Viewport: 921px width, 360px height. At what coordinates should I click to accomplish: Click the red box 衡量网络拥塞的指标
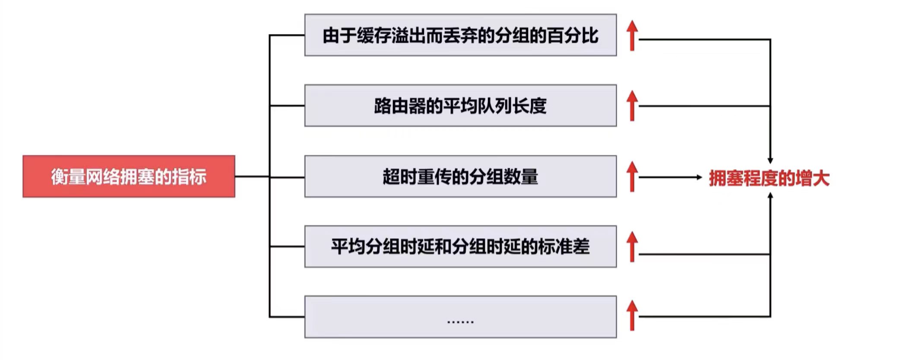click(x=129, y=177)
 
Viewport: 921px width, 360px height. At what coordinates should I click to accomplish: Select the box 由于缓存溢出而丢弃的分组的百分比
click(x=460, y=35)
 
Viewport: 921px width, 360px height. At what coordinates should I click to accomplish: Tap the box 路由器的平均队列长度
click(x=460, y=106)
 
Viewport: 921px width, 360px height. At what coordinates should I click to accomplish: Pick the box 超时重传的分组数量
click(x=460, y=177)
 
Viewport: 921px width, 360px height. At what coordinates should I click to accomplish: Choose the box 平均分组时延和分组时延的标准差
click(x=460, y=246)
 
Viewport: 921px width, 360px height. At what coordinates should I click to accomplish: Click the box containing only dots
click(x=460, y=317)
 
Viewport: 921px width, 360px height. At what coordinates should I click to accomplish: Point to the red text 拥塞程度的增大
click(x=769, y=178)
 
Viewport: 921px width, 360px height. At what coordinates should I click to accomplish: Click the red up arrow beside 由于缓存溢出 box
click(x=632, y=35)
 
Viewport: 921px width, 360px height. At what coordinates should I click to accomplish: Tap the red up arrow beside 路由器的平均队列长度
click(x=632, y=106)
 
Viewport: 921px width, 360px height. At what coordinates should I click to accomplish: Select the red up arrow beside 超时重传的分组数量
click(x=632, y=177)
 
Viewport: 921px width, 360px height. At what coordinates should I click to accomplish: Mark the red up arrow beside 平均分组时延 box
click(x=632, y=246)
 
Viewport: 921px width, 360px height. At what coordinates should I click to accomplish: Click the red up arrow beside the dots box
click(x=632, y=316)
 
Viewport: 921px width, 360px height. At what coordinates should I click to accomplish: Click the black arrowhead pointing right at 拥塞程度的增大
click(x=699, y=177)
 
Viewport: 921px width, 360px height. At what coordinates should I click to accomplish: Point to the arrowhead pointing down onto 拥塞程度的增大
click(x=770, y=161)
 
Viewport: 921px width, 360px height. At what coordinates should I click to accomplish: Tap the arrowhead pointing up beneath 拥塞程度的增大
click(x=770, y=196)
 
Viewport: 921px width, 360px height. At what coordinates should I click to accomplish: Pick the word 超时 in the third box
click(x=400, y=177)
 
